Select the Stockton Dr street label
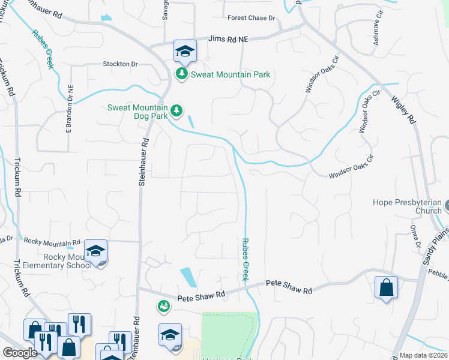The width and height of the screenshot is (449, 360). (x=120, y=64)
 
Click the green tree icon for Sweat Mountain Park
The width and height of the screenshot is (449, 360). (x=181, y=74)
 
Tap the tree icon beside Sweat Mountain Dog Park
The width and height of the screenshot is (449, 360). (x=175, y=110)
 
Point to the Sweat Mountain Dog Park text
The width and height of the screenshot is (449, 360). (x=137, y=112)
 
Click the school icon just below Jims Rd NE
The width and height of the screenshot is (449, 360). (x=185, y=52)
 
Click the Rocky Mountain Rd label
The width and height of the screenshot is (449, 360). (x=52, y=241)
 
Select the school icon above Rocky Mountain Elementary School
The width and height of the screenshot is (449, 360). (x=95, y=252)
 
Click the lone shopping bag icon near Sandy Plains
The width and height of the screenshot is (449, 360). (x=386, y=287)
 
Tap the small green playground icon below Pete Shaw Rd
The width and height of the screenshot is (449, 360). (x=163, y=307)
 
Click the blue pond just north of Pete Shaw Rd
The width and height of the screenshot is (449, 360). (x=188, y=277)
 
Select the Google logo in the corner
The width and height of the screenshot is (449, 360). (x=20, y=353)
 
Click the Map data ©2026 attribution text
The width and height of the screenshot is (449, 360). (x=423, y=355)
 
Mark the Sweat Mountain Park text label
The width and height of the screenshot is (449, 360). (x=231, y=75)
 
